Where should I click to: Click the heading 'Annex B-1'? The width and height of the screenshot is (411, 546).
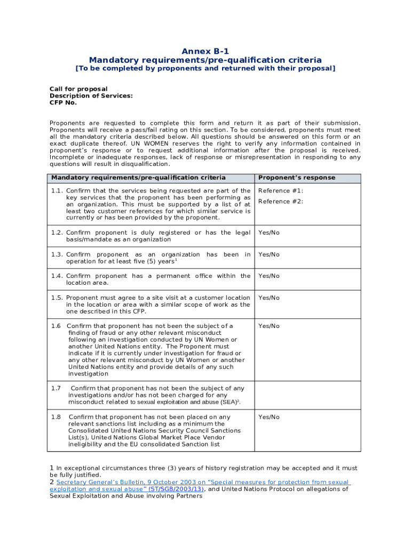[x=205, y=51]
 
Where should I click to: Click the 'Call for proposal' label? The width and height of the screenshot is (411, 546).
[x=78, y=89]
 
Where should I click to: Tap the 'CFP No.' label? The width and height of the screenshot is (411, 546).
[x=63, y=102]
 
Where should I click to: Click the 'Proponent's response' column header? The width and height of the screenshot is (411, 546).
[x=297, y=178]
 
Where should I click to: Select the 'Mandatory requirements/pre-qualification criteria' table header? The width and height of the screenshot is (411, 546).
[x=138, y=178]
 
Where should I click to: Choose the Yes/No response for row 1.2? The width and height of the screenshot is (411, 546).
[x=269, y=233]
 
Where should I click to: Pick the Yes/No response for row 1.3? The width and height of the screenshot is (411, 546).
[x=269, y=255]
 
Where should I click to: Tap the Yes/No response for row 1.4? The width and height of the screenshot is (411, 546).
[x=269, y=276]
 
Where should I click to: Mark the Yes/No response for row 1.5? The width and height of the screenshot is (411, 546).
[x=269, y=298]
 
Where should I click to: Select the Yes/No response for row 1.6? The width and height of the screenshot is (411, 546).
[x=269, y=326]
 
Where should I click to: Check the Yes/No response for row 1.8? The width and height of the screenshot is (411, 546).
[x=269, y=417]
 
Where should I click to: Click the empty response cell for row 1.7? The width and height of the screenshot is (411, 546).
[x=307, y=395]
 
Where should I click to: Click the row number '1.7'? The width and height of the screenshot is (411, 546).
[x=56, y=389]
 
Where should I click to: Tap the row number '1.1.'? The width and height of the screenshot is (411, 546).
[x=57, y=191]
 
